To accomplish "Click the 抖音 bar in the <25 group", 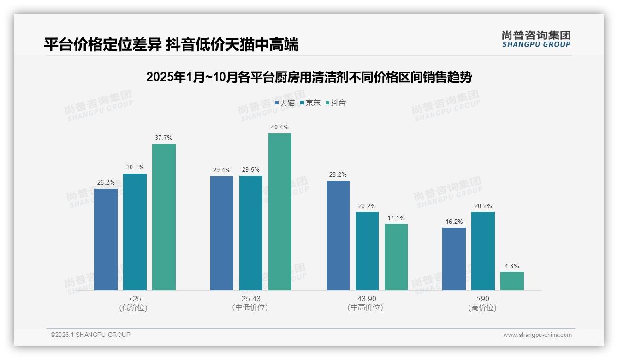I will coord(164,217).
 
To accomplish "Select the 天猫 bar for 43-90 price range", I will coord(338,235).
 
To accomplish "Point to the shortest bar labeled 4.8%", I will coord(512,281).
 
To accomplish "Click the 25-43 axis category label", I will coord(250,299).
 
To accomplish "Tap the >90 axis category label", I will coord(483,299).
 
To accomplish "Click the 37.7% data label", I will coord(164,138).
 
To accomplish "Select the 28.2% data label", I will coord(338,174).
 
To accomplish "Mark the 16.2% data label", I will coord(454,222).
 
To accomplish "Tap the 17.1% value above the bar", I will coord(396,218).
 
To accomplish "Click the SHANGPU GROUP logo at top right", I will coord(536,39).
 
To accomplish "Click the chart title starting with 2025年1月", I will coord(309,77).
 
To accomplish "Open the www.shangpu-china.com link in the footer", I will coord(537,335).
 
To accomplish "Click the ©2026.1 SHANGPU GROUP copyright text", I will coord(90,335).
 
